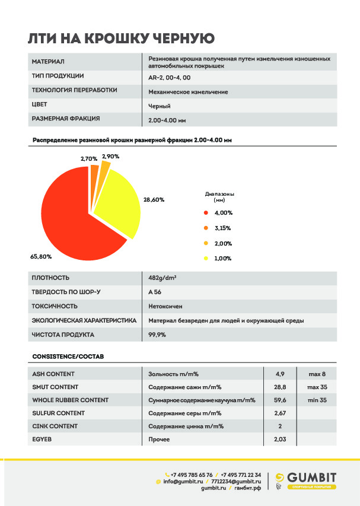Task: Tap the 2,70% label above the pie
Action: (89, 159)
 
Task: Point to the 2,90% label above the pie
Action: (110, 156)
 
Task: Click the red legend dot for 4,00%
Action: (206, 212)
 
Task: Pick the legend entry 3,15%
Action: (222, 228)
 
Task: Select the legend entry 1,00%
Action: (222, 259)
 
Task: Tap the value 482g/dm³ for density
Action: (161, 278)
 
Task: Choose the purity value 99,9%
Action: (157, 335)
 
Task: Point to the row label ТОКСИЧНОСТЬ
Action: (55, 306)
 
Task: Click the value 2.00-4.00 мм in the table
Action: (167, 120)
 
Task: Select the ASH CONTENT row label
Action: (53, 374)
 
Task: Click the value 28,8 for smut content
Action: (281, 387)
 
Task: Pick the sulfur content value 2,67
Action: (281, 413)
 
